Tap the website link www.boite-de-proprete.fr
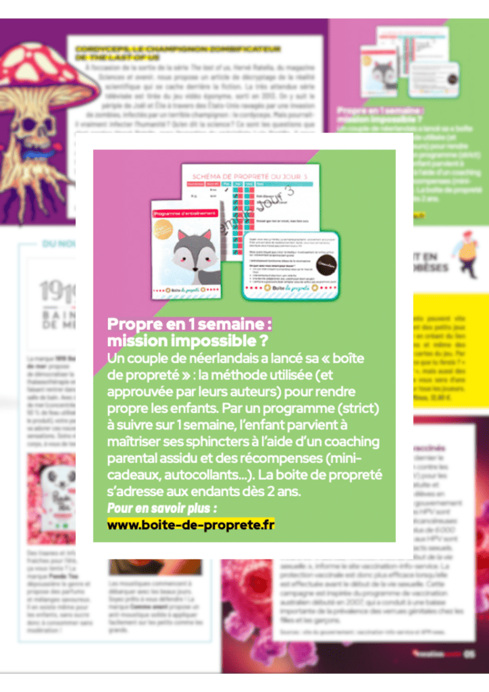(x=191, y=524)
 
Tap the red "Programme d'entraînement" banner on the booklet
(x=182, y=212)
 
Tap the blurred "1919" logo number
(x=55, y=291)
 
